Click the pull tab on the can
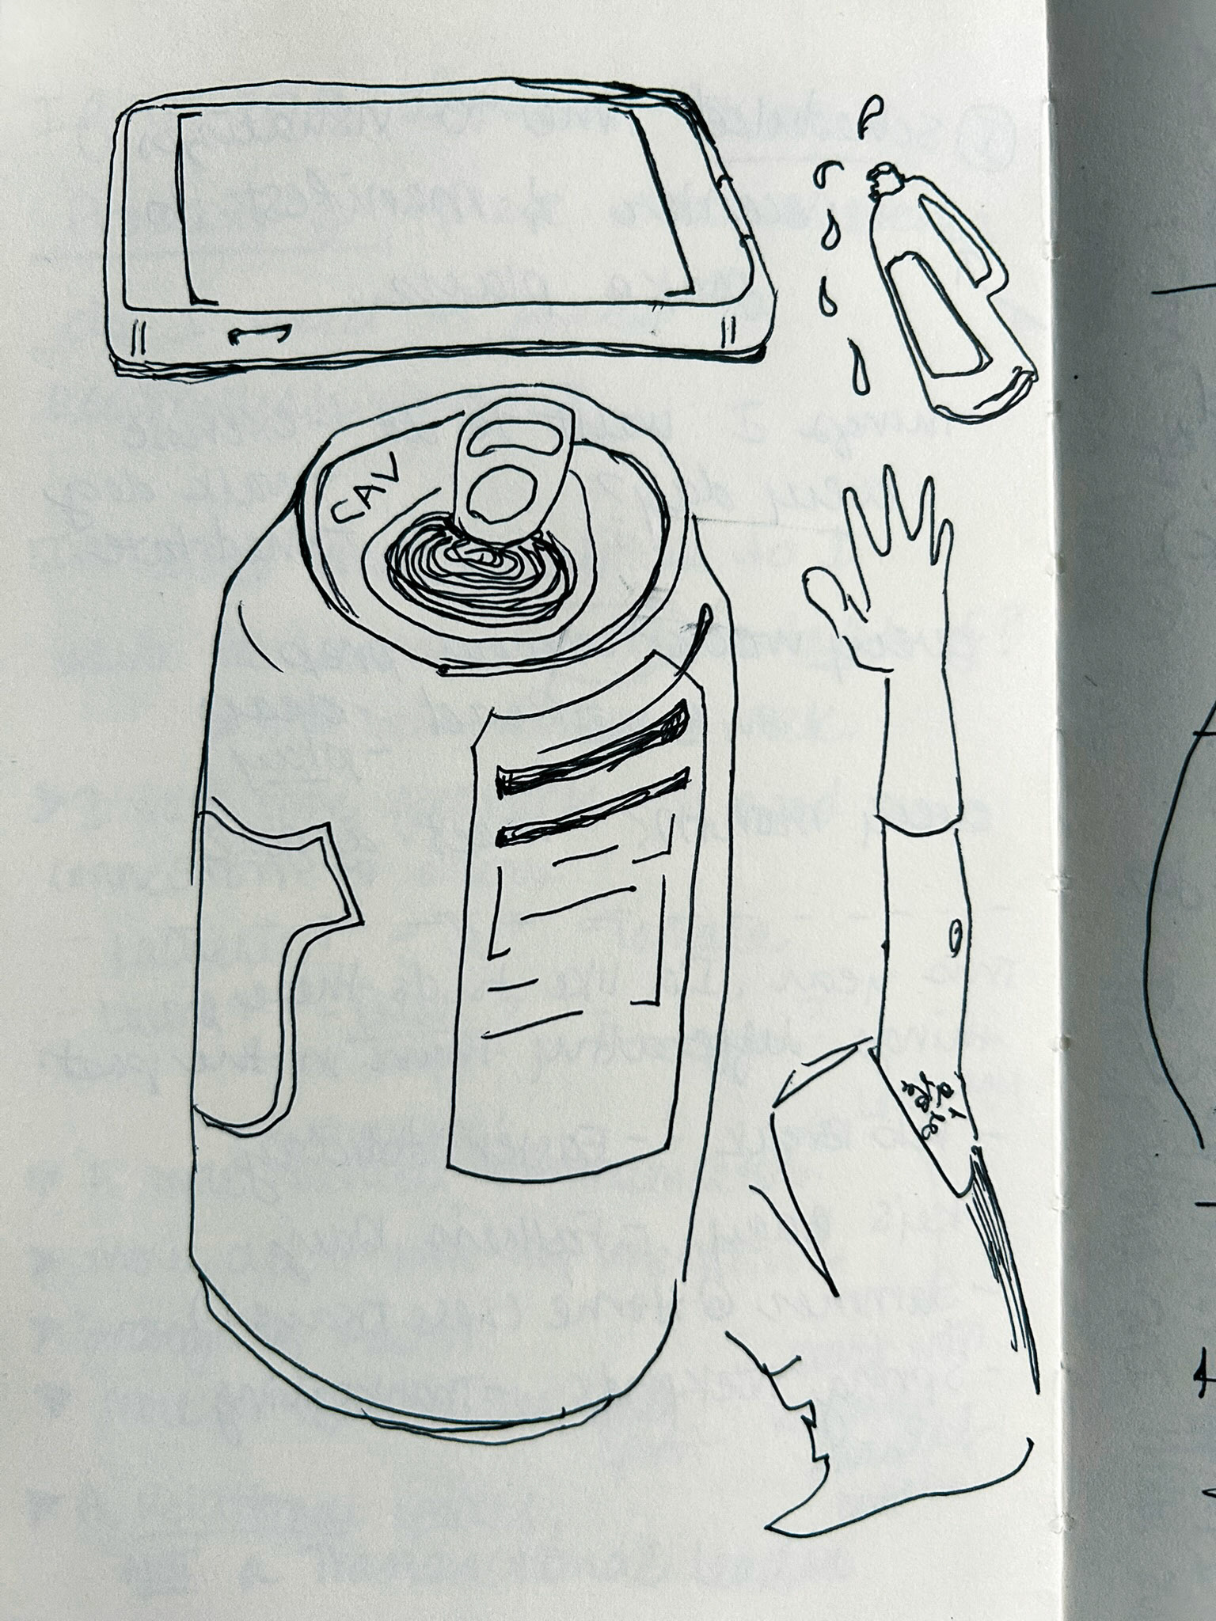(x=507, y=479)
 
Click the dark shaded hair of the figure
(x=1001, y=1258)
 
